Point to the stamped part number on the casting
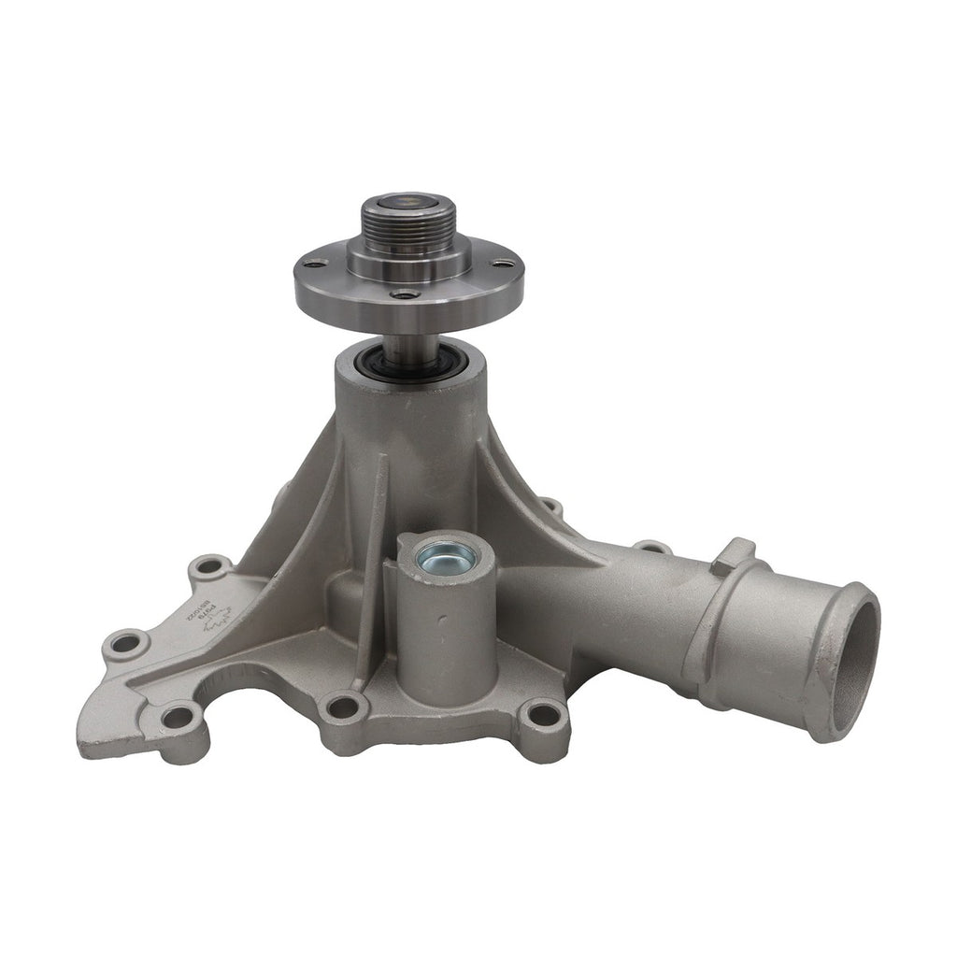coord(218,616)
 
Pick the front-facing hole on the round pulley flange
coord(403,294)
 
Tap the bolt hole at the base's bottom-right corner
coord(541,716)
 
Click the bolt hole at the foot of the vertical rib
coord(343,707)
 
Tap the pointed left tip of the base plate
coord(89,743)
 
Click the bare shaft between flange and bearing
coord(405,327)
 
